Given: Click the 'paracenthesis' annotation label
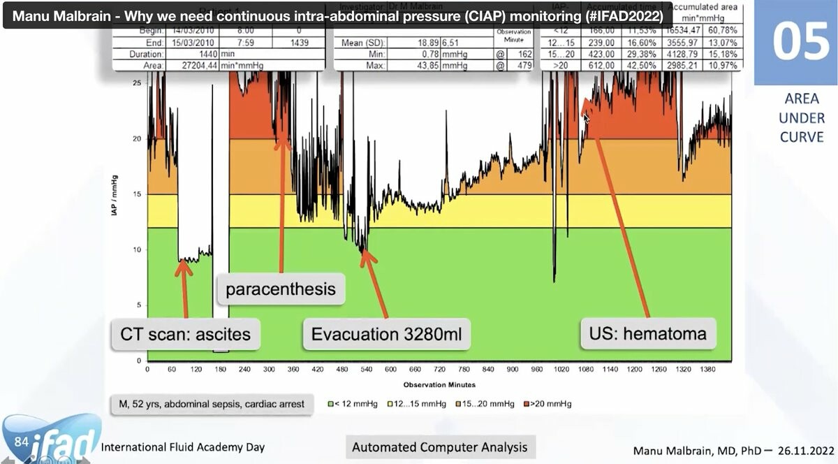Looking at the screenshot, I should tap(281, 289).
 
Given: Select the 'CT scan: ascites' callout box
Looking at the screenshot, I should tap(185, 333).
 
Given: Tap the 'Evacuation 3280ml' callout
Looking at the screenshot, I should tap(386, 333).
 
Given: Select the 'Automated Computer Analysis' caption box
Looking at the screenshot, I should tap(439, 447).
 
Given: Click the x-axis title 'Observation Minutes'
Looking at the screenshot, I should tap(439, 384).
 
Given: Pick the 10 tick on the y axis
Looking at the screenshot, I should tap(138, 249).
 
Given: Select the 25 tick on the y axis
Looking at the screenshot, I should tap(138, 83).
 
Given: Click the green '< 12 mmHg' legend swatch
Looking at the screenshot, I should tap(331, 404).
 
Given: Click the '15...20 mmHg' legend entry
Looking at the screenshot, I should tap(486, 404).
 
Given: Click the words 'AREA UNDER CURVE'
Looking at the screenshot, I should tap(802, 118).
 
